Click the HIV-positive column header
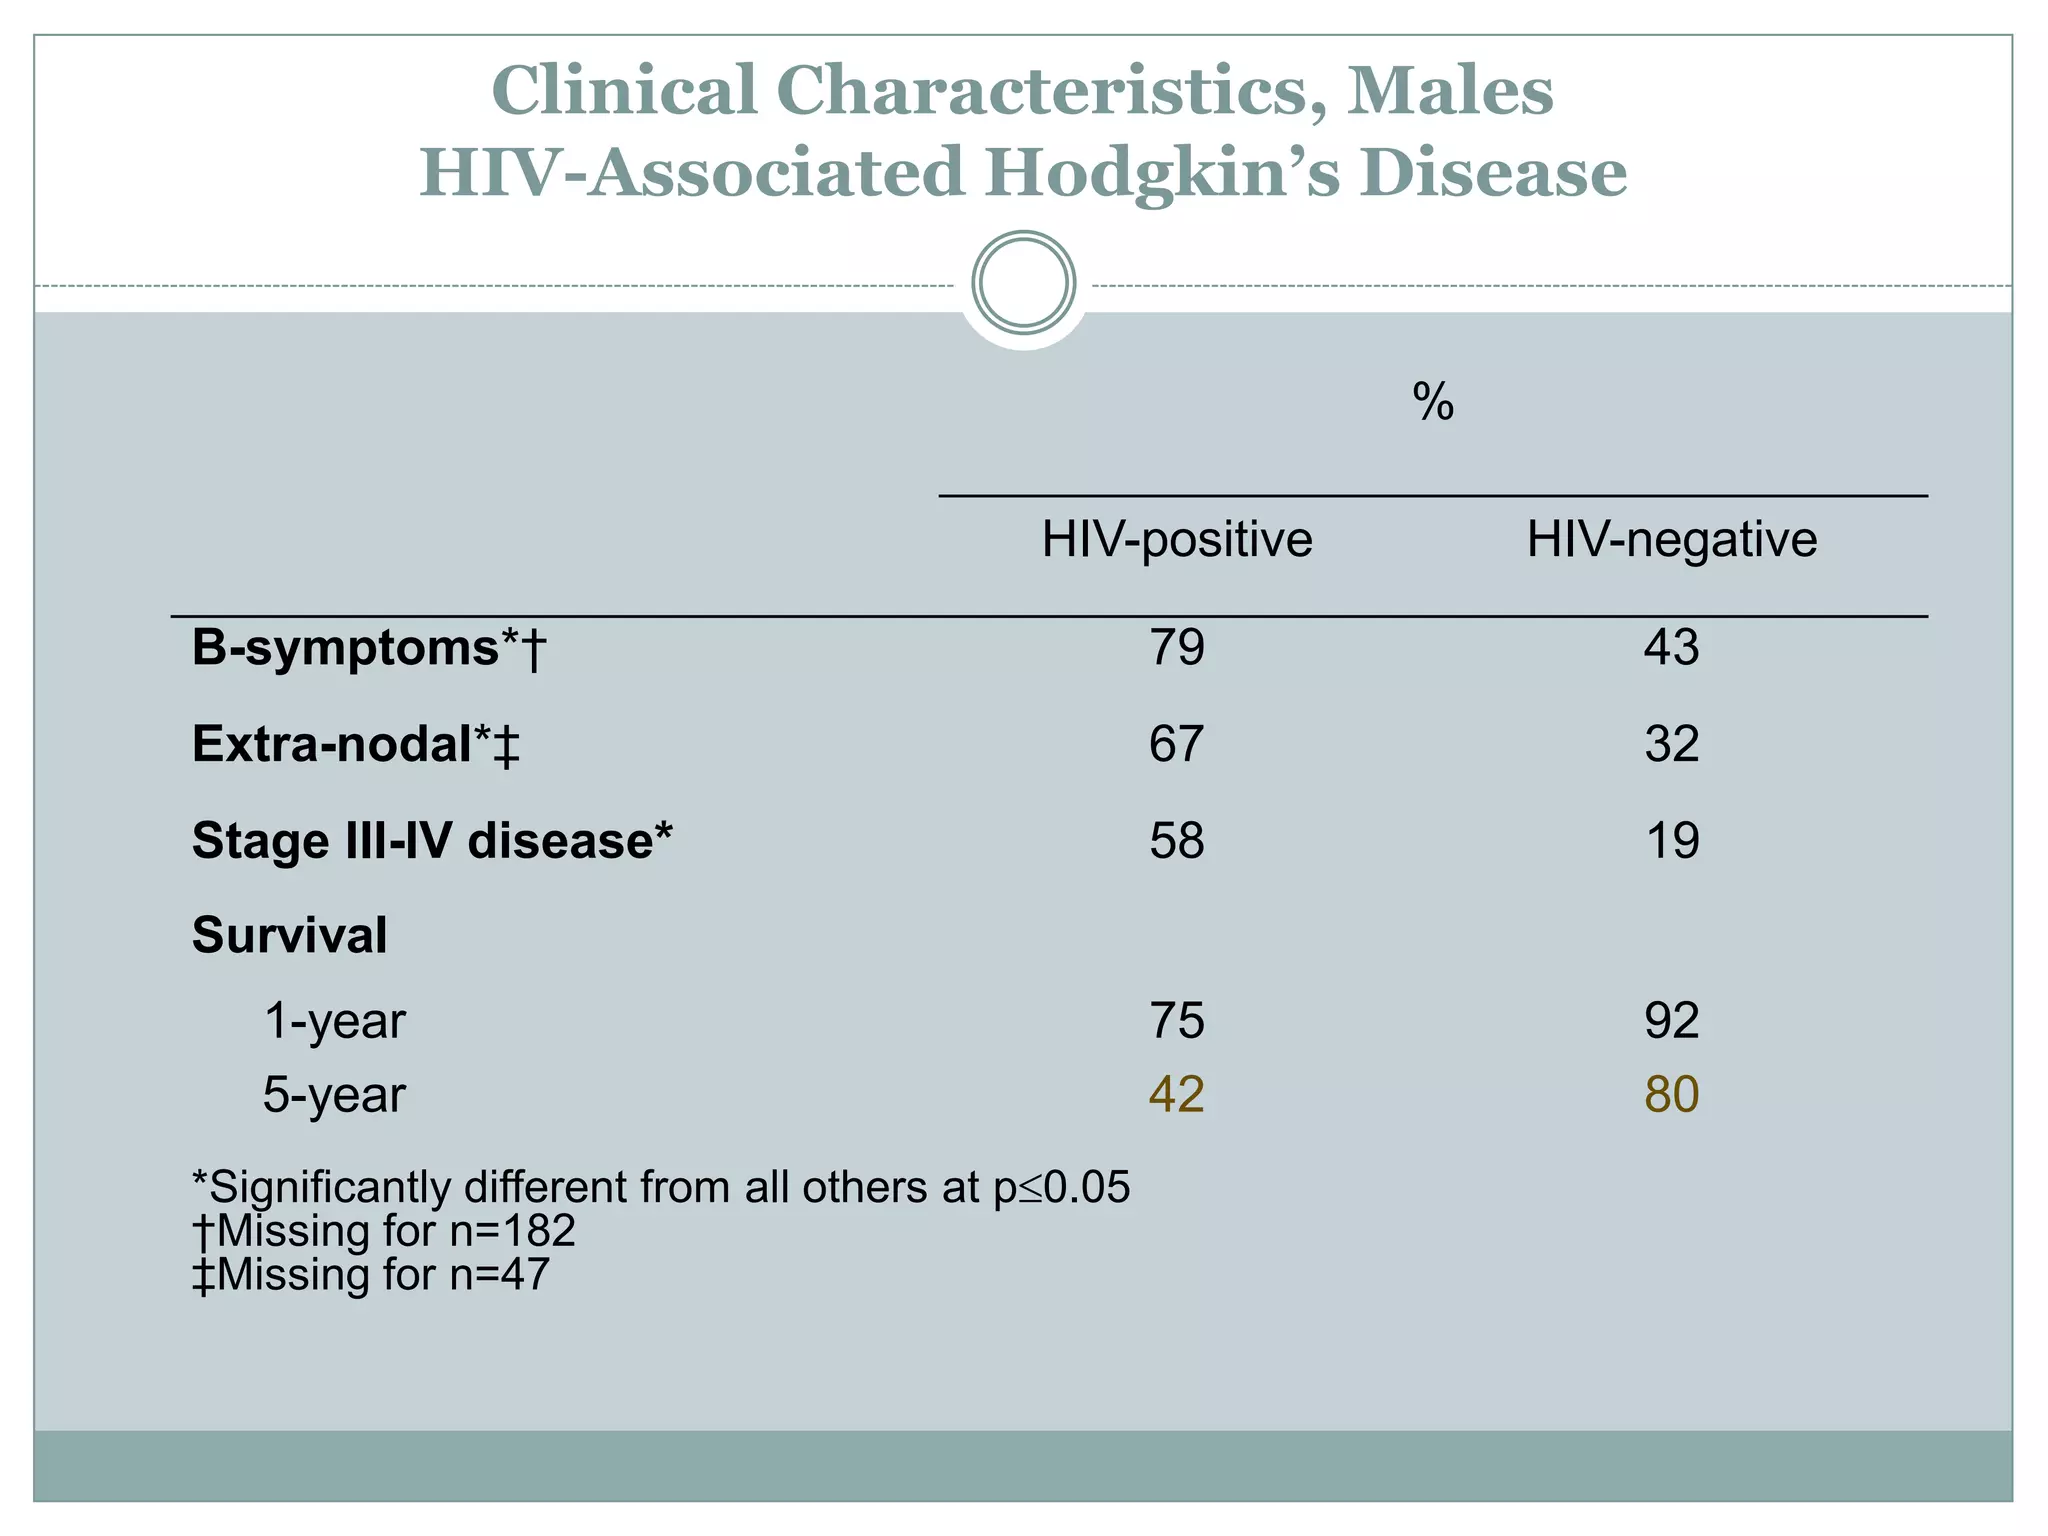tap(1177, 540)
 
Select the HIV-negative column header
tap(1671, 540)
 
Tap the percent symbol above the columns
tap(1433, 402)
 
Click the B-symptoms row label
tap(368, 648)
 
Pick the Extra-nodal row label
tap(356, 745)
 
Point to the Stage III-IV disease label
tap(432, 841)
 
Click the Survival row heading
tap(289, 936)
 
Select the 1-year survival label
tap(334, 1021)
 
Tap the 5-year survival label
tap(334, 1095)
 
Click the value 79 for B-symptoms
tap(1176, 648)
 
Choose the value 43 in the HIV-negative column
tap(1671, 648)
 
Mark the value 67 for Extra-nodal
tap(1176, 745)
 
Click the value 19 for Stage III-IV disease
tap(1671, 841)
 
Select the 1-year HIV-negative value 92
tap(1671, 1021)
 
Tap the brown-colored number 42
tap(1176, 1095)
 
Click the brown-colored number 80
tap(1671, 1095)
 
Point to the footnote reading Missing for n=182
tap(384, 1231)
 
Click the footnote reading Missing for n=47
tap(371, 1275)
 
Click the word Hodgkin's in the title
tap(1160, 173)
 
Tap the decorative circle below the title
tap(1023, 283)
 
